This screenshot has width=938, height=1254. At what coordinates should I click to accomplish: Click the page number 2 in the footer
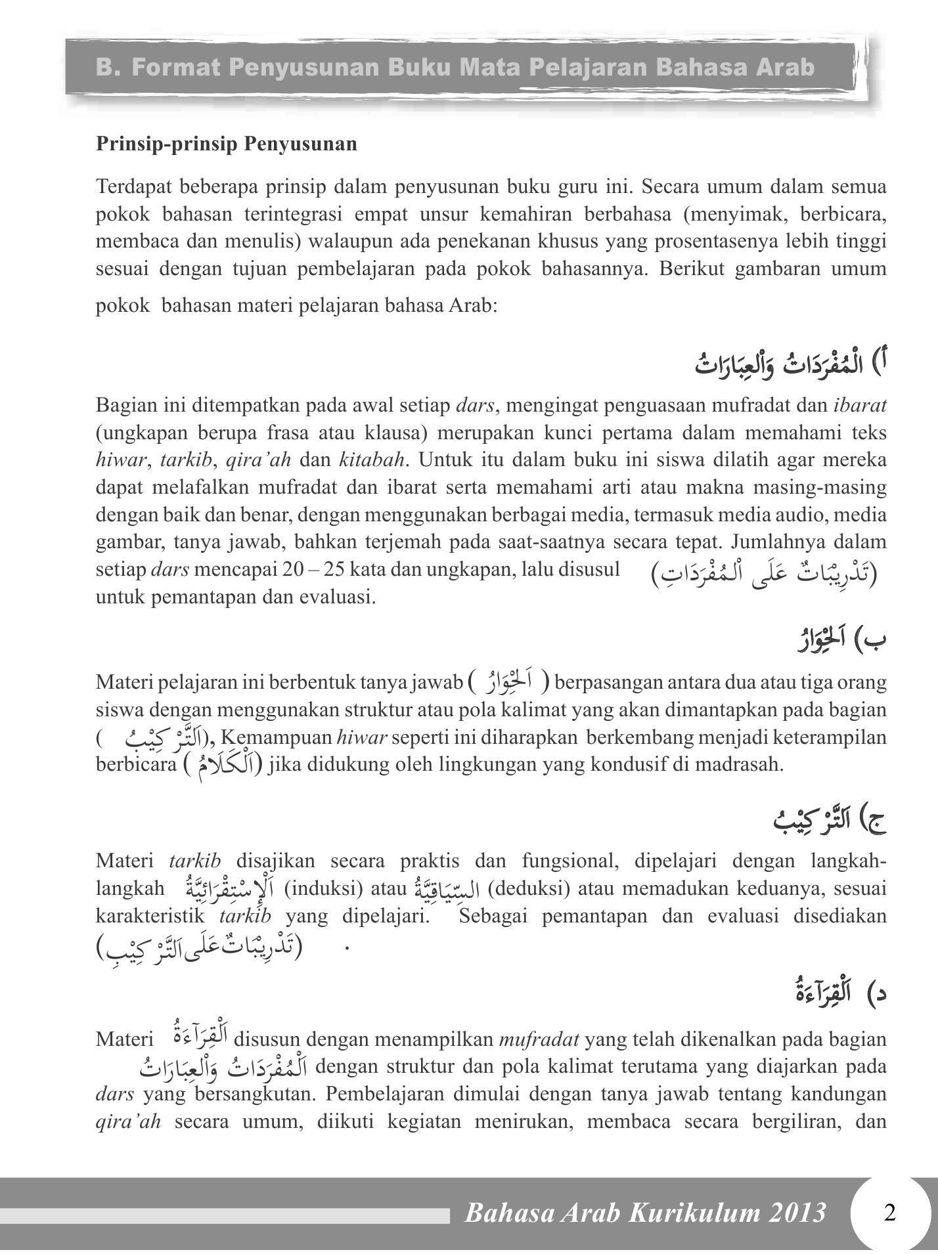(889, 1212)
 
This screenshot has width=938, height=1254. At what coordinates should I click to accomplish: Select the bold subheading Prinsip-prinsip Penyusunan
(227, 144)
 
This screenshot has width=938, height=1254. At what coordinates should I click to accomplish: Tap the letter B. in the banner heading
(108, 67)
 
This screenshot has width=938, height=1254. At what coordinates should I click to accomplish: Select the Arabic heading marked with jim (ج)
(821, 820)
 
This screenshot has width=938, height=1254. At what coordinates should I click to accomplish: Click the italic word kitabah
(371, 460)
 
